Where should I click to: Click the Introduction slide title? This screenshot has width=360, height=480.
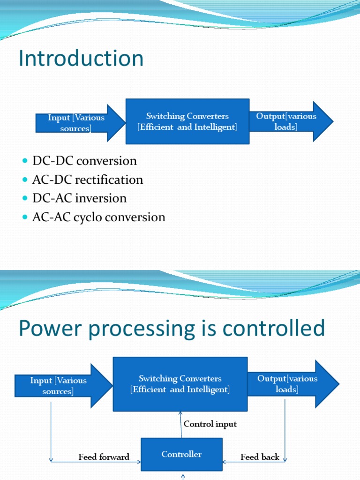(x=81, y=59)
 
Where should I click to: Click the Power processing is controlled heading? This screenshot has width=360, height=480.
(x=172, y=329)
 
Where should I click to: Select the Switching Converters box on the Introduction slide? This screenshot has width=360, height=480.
(x=187, y=121)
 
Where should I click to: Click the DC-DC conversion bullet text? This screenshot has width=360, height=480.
(x=84, y=161)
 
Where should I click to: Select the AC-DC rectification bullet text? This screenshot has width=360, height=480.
(x=87, y=180)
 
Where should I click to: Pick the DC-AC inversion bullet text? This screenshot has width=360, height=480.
(x=79, y=198)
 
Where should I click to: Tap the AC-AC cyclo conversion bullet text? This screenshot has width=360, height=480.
(x=98, y=217)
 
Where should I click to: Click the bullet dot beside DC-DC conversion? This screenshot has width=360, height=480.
(x=25, y=161)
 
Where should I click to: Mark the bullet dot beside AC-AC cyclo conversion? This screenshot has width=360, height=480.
(x=25, y=217)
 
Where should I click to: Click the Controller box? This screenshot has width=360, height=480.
(x=181, y=454)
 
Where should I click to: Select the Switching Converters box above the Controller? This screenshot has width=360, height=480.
(x=180, y=384)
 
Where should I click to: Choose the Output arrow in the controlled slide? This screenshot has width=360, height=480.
(x=291, y=384)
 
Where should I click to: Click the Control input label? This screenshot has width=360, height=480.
(x=210, y=424)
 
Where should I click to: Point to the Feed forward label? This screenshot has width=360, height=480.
(x=104, y=457)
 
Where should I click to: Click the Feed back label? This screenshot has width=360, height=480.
(x=260, y=457)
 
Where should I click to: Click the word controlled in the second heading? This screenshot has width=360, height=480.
(x=273, y=329)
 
